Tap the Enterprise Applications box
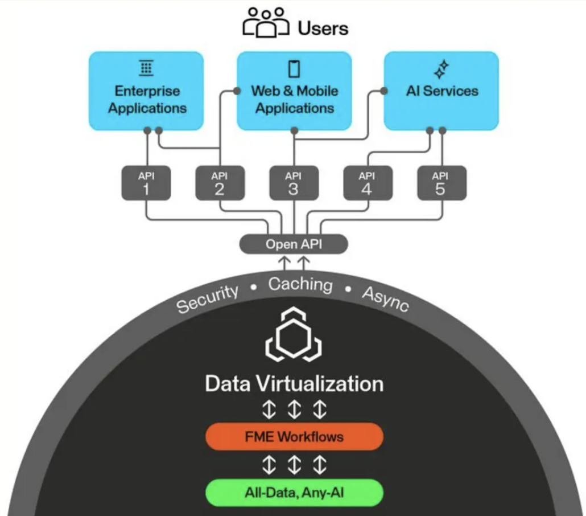tap(146, 91)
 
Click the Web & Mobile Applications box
tap(294, 91)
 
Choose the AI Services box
tap(441, 91)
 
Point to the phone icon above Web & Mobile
tap(294, 68)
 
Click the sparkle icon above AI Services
tap(441, 70)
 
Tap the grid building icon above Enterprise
tap(146, 68)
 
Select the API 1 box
tap(146, 183)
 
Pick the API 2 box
tap(220, 183)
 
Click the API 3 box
tap(294, 183)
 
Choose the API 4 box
tap(368, 183)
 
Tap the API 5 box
tap(441, 183)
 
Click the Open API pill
tap(293, 244)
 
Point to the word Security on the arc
tap(207, 299)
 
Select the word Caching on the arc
tap(300, 284)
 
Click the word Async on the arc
tap(386, 298)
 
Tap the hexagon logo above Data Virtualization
tap(294, 337)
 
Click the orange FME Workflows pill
tap(294, 437)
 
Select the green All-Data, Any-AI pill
tap(294, 493)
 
